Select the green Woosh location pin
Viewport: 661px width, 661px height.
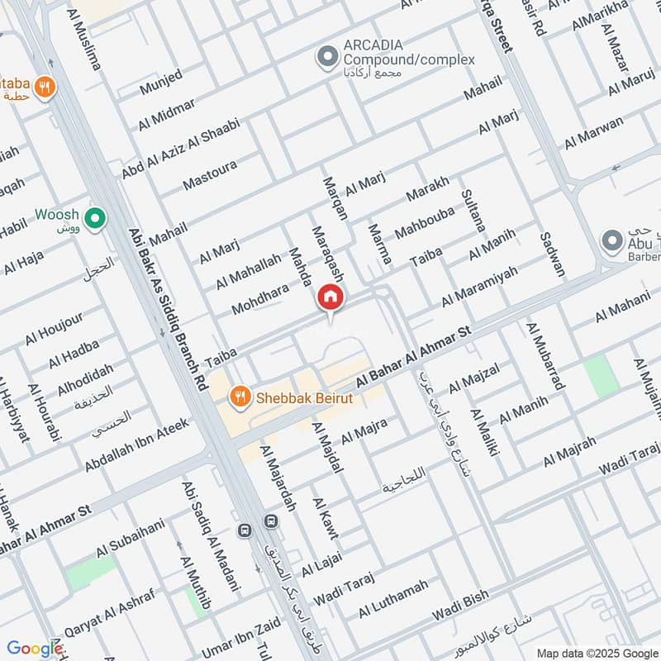(x=97, y=219)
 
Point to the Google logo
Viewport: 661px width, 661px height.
(x=34, y=649)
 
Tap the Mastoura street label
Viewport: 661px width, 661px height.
(x=209, y=172)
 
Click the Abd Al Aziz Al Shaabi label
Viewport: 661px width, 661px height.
(x=179, y=148)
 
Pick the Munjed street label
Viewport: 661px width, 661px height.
(x=160, y=83)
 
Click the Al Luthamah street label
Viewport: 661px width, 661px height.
(x=393, y=599)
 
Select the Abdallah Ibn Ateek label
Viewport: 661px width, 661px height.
(x=136, y=445)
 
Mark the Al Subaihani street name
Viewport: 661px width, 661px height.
(x=131, y=537)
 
